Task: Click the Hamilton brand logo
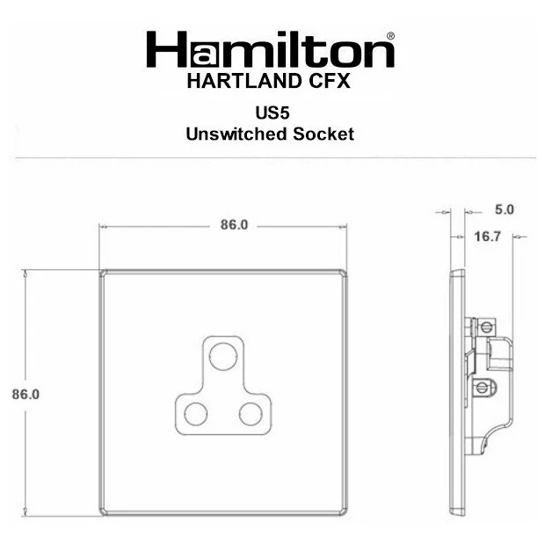pyautogui.click(x=271, y=49)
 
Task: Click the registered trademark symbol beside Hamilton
pyautogui.click(x=390, y=36)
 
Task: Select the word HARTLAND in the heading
pyautogui.click(x=244, y=82)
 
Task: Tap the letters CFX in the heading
pyautogui.click(x=330, y=82)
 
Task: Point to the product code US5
pyautogui.click(x=272, y=113)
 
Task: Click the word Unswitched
pyautogui.click(x=236, y=134)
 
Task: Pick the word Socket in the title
pyautogui.click(x=323, y=134)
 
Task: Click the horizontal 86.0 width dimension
pyautogui.click(x=235, y=225)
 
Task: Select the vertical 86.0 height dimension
pyautogui.click(x=25, y=394)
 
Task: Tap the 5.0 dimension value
pyautogui.click(x=505, y=209)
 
